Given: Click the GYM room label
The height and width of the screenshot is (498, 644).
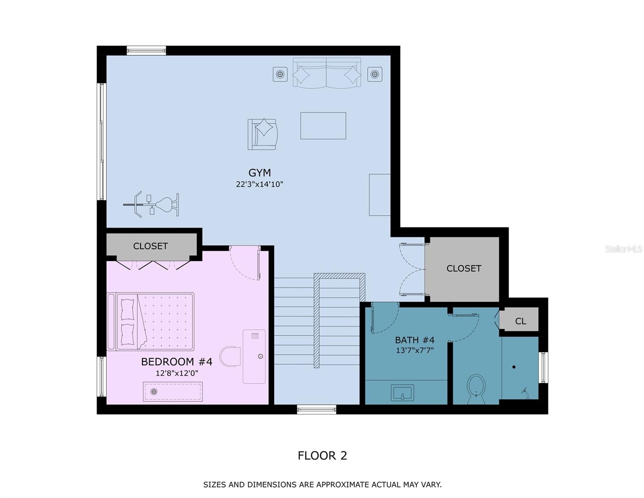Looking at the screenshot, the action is click(259, 173).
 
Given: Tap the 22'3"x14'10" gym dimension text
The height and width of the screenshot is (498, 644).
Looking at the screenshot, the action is click(259, 184).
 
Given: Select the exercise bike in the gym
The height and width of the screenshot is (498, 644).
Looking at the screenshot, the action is click(151, 205).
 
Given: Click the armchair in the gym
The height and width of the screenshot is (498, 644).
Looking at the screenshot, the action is click(262, 134).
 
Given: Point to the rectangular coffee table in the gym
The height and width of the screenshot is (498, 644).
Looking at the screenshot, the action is click(323, 125).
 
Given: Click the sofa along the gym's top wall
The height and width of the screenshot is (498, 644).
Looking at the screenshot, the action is click(327, 73).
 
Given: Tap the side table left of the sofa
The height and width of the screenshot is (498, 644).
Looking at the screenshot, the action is click(280, 74).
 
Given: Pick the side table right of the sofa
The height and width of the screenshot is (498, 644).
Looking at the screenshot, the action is click(374, 74).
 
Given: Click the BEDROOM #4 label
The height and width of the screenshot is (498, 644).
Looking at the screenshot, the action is click(177, 361).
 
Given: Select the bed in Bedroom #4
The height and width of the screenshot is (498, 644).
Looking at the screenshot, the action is click(151, 322).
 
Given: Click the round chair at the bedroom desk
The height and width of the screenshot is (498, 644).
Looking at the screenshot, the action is click(230, 356).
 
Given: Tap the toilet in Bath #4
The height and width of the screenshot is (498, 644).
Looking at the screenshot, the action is click(476, 389).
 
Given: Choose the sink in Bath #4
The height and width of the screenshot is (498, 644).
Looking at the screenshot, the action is click(402, 393).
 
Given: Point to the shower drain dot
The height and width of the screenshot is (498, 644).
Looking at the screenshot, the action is click(514, 367).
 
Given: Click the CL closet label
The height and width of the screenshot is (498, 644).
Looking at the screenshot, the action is click(520, 321).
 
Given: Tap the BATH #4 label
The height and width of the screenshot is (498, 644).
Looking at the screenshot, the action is click(415, 339).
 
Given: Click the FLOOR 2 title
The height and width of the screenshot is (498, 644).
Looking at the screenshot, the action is click(322, 455).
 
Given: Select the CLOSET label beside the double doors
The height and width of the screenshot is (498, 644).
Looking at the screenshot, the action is click(464, 269).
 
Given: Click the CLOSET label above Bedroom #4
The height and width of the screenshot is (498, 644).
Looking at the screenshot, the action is click(150, 246).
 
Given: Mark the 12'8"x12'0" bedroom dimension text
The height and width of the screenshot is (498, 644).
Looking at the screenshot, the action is click(177, 373).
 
